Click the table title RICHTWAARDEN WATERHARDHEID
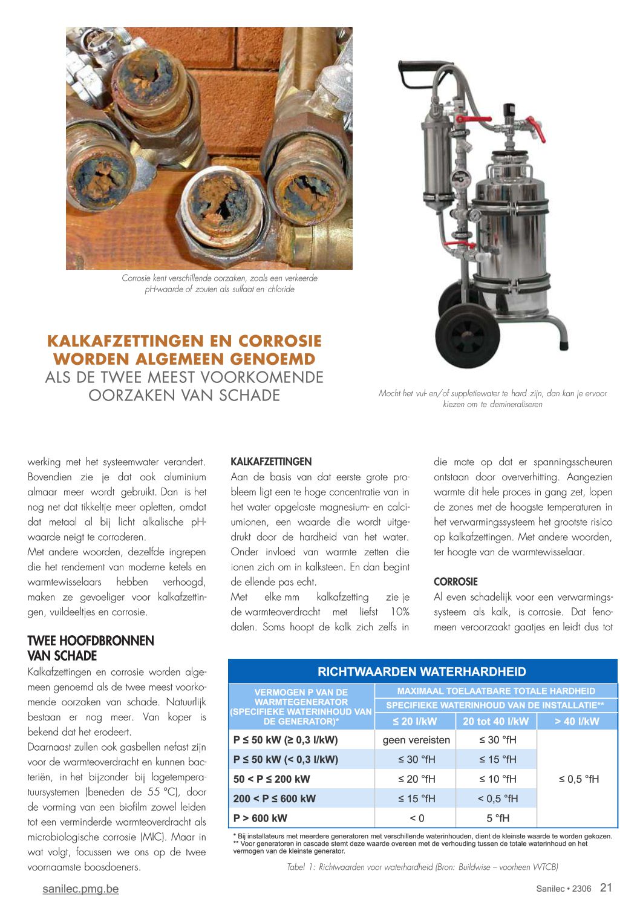pyautogui.click(x=422, y=671)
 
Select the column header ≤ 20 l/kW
pyautogui.click(x=415, y=721)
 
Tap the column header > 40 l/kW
pyautogui.click(x=576, y=721)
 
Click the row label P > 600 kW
pyautogui.click(x=261, y=818)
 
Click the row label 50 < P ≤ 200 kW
pyautogui.click(x=272, y=779)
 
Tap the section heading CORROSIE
pyautogui.click(x=456, y=582)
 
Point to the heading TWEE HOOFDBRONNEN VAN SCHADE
pyautogui.click(x=91, y=649)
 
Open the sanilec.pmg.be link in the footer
pyautogui.click(x=80, y=889)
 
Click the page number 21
pyautogui.click(x=606, y=888)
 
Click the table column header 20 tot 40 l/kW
pyautogui.click(x=495, y=721)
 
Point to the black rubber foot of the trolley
pyautogui.click(x=564, y=345)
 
